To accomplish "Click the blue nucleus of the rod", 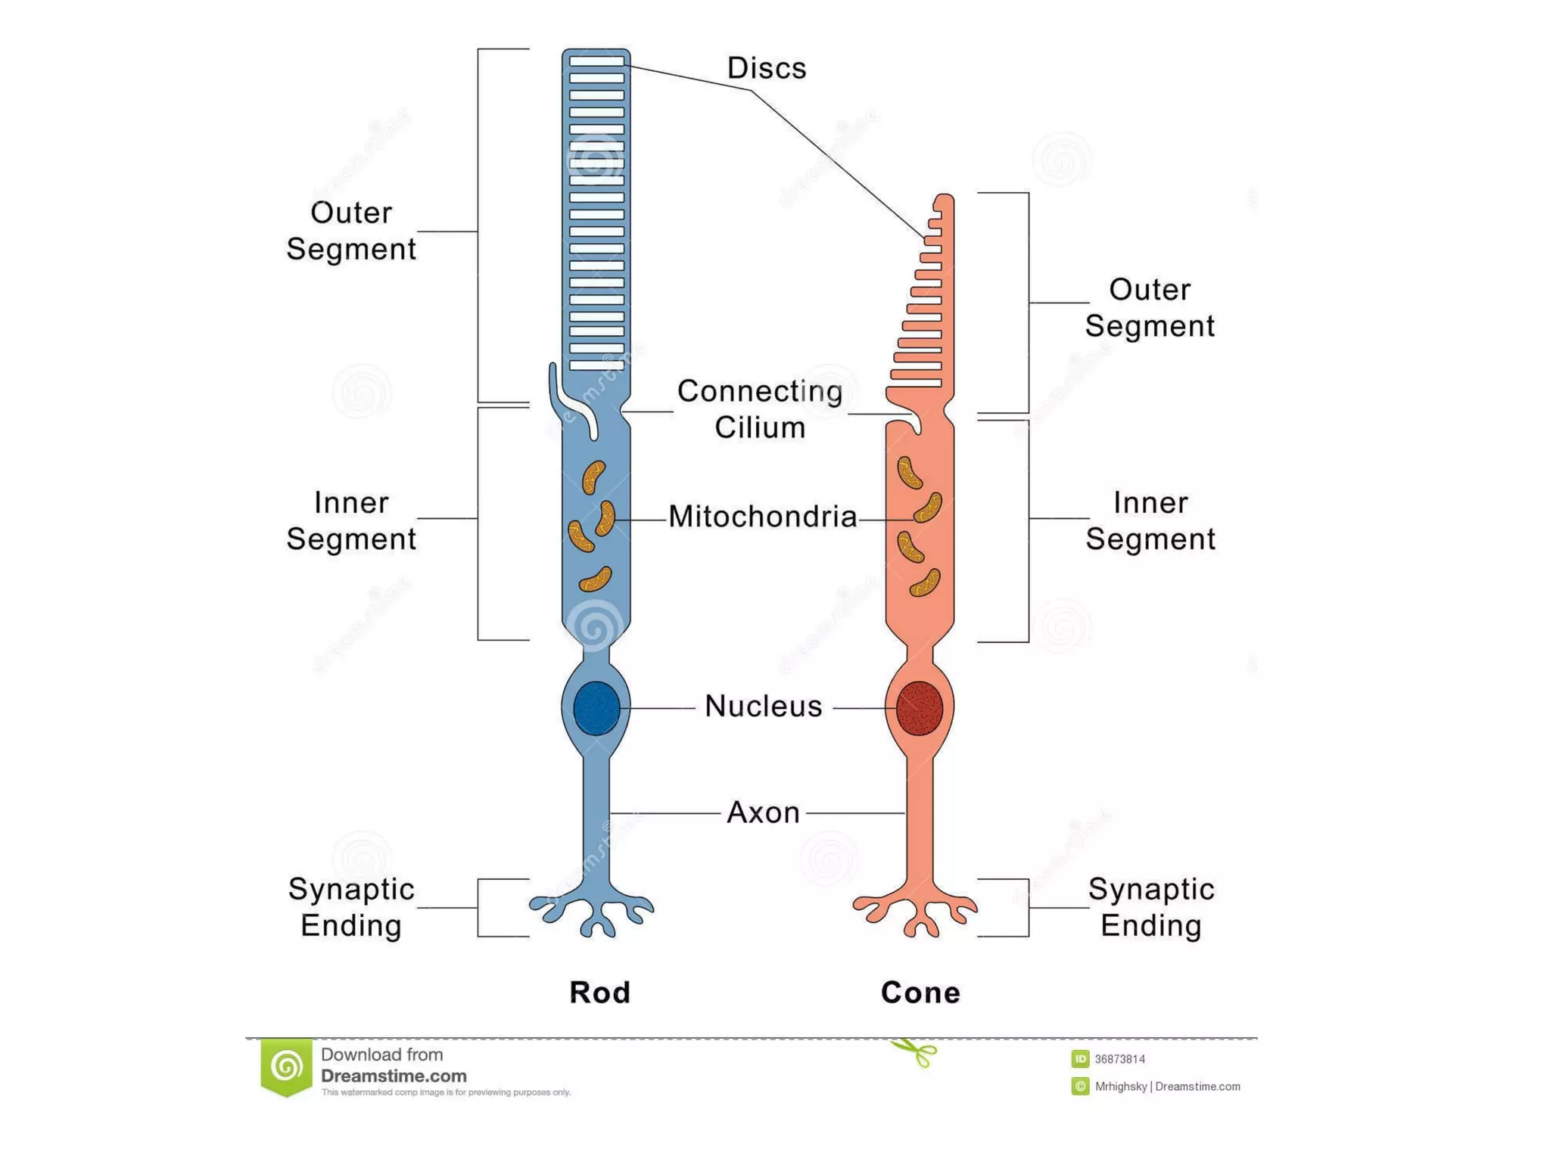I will (x=596, y=708).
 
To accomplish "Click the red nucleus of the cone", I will (x=919, y=708).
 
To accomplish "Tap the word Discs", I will (x=766, y=68).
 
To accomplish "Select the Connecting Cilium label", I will (x=759, y=409).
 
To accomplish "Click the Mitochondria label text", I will (x=762, y=517).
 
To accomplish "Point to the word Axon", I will (x=763, y=812).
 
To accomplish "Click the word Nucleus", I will (x=763, y=706).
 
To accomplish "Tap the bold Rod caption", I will (x=599, y=993).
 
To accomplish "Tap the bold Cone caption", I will (x=920, y=993).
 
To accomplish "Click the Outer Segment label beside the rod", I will (x=351, y=231).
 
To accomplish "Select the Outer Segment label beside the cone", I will (x=1150, y=308).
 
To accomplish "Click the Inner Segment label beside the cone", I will (x=1150, y=520).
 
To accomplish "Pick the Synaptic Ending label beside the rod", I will (x=351, y=907).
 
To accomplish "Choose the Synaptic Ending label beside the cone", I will (x=1150, y=907).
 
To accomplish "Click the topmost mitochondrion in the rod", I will (x=593, y=477).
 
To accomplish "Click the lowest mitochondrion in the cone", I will (x=925, y=583).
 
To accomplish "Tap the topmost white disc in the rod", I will (x=596, y=61).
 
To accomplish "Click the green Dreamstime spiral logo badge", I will (x=287, y=1067).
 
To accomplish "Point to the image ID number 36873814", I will (x=1119, y=1059).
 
